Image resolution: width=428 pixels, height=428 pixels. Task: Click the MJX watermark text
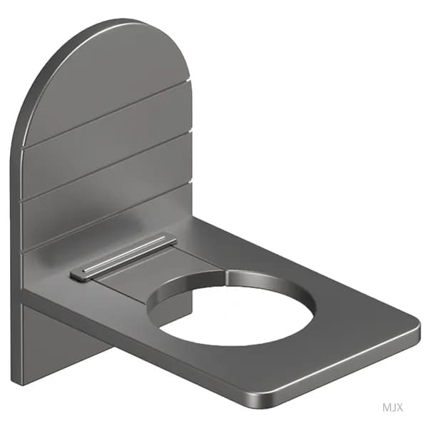click(x=392, y=407)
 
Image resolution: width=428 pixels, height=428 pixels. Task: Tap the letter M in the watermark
click(x=387, y=407)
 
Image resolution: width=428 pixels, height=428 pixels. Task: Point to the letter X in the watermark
click(x=399, y=407)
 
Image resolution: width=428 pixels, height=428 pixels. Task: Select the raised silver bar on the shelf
click(x=123, y=257)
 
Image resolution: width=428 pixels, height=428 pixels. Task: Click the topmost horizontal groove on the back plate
click(x=107, y=115)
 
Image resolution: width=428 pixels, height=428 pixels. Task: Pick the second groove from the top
click(x=107, y=166)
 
